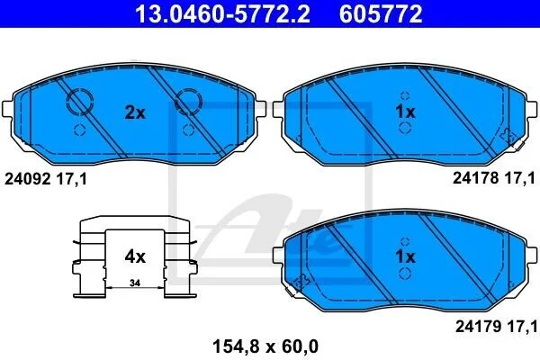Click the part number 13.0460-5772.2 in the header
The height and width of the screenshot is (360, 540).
click(x=223, y=13)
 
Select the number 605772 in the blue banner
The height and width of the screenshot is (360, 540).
click(x=381, y=13)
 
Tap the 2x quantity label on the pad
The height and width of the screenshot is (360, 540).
click(x=135, y=112)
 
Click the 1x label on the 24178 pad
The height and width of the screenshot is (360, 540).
click(x=405, y=112)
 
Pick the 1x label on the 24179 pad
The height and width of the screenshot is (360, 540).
click(x=405, y=256)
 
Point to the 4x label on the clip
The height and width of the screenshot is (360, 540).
click(x=135, y=256)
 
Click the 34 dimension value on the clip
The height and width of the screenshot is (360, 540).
click(x=135, y=283)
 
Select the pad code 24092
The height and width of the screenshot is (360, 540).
click(x=28, y=179)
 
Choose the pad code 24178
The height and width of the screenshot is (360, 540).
click(x=475, y=178)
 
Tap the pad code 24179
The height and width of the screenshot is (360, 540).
click(x=479, y=327)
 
